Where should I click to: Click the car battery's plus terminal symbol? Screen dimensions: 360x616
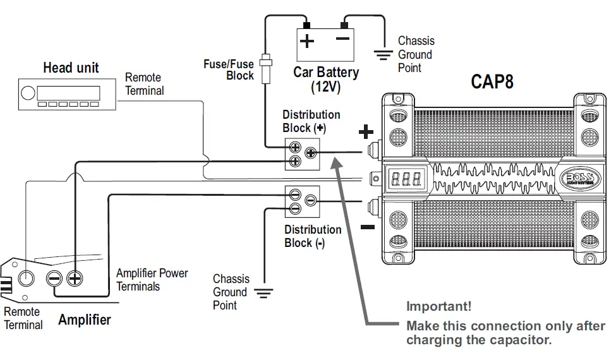307,42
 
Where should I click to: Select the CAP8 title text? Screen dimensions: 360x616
492,82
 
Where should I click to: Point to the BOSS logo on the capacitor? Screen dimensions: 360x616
576,179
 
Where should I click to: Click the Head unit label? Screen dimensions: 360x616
71,68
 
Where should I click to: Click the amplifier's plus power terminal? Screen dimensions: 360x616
75,277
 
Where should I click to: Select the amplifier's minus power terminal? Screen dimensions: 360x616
54,278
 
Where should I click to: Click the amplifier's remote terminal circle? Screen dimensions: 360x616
26,278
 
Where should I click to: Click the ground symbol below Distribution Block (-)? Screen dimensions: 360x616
263,292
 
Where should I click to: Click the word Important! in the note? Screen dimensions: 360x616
438,307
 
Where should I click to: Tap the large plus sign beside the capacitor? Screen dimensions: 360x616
366,132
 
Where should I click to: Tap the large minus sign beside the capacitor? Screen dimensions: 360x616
368,226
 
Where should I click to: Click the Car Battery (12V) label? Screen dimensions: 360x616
325,80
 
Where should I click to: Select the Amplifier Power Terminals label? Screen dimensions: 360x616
152,280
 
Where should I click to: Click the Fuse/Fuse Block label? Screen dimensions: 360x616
229,69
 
